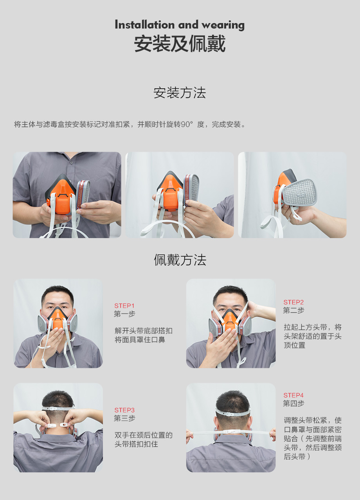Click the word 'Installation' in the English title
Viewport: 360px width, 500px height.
tap(144, 24)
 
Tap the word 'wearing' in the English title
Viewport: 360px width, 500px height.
tap(223, 25)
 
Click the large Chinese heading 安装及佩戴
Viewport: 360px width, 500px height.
tap(180, 43)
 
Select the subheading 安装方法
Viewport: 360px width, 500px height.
tap(180, 93)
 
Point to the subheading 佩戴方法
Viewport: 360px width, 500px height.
tap(180, 260)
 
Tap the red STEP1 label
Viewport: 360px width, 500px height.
tap(124, 306)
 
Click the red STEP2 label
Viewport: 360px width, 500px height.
tap(293, 302)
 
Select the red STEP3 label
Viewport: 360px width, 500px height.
tap(124, 410)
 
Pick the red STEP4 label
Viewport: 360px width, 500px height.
tap(293, 395)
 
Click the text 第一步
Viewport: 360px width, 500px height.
tap(124, 314)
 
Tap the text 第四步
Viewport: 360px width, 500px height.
tap(293, 403)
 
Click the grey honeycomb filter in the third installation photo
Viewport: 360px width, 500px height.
tap(299, 192)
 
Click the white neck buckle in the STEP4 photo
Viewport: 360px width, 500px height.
tap(231, 432)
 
